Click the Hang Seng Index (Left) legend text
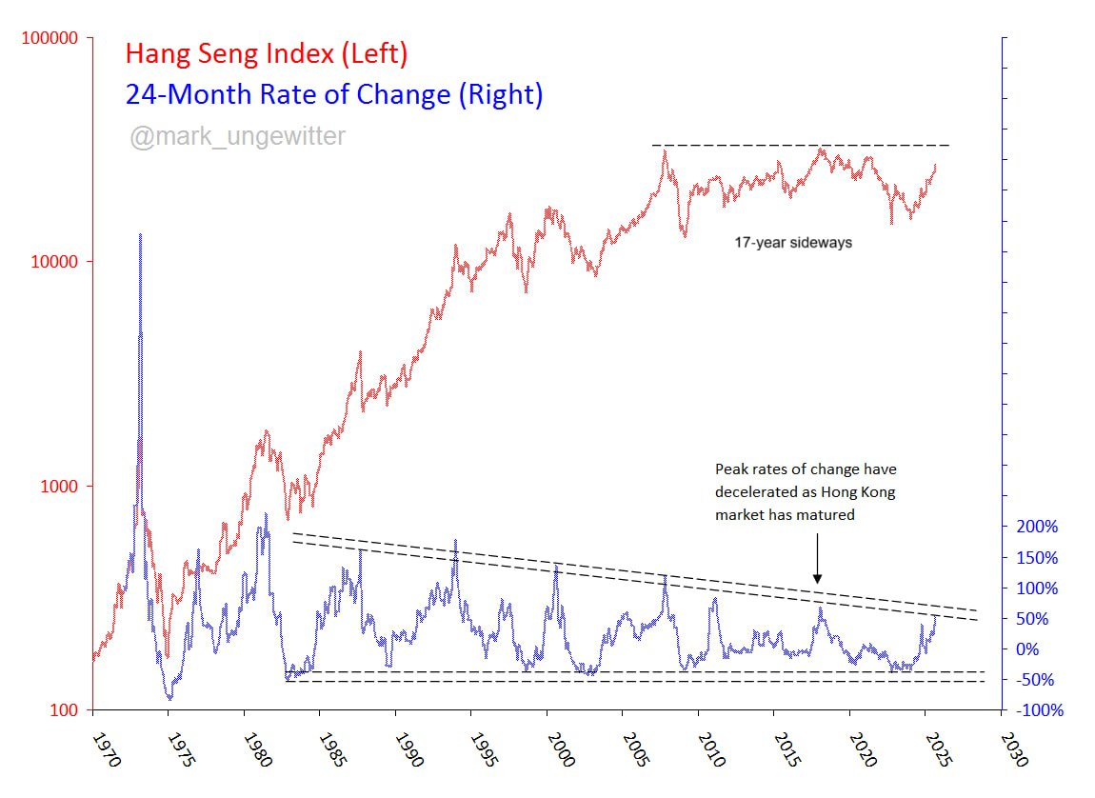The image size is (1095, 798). point(267,54)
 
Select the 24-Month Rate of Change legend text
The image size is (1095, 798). point(334,94)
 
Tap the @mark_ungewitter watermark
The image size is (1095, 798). point(238,137)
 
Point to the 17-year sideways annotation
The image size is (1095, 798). point(792,243)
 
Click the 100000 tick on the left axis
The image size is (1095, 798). point(47,38)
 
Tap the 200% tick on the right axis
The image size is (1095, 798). point(1035,527)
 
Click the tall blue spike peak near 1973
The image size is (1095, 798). point(141,234)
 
